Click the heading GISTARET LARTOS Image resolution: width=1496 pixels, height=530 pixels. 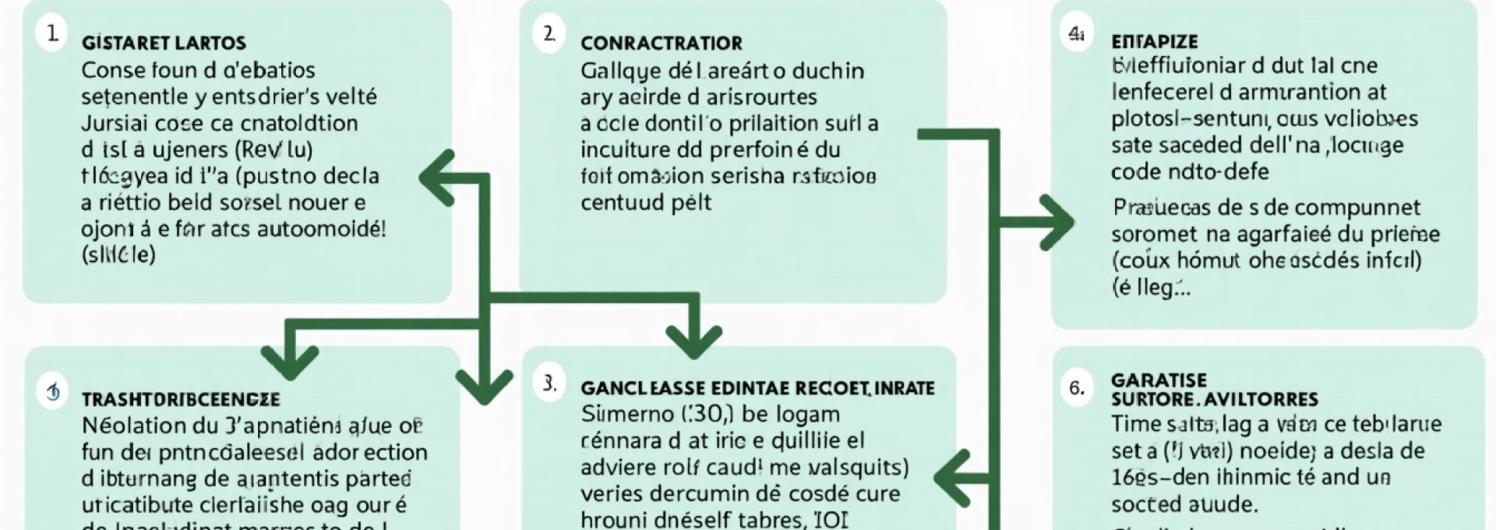(x=164, y=43)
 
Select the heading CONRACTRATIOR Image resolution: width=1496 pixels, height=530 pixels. (x=662, y=43)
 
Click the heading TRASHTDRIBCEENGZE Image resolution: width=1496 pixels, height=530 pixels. (x=181, y=400)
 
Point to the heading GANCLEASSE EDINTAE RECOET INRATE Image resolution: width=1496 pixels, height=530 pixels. (x=757, y=388)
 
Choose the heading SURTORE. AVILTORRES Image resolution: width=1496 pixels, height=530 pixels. (x=1215, y=400)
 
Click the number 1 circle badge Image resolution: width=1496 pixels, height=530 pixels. (x=52, y=34)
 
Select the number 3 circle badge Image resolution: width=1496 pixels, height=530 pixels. (x=550, y=383)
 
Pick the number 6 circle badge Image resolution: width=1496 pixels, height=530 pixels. (x=1077, y=387)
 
